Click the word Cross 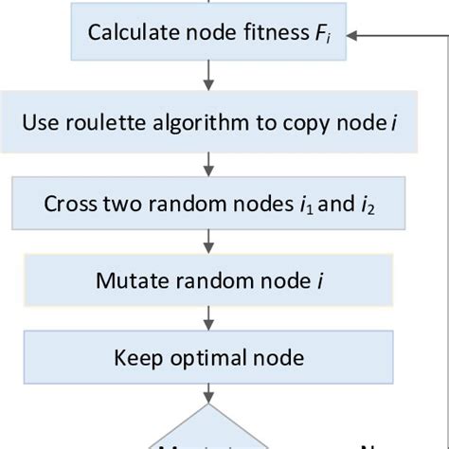click(67, 204)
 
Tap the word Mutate click(126, 281)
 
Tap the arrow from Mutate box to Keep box click(207, 320)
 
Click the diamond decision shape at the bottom click(207, 432)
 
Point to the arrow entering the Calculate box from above click(207, 5)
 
